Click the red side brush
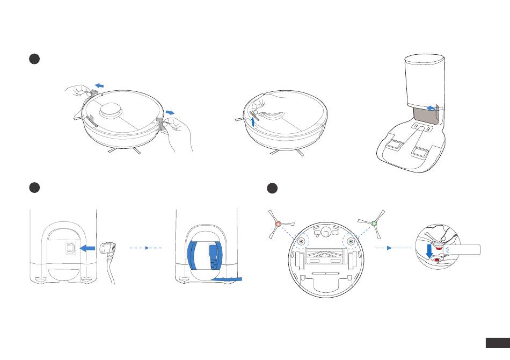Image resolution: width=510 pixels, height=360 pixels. click(278, 224)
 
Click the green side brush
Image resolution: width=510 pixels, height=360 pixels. click(373, 222)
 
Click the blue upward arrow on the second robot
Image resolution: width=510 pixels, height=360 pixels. click(253, 121)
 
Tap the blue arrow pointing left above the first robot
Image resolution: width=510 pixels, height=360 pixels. click(98, 84)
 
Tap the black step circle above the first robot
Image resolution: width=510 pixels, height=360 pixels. click(33, 59)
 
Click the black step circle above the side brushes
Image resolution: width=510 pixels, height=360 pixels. click(273, 188)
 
